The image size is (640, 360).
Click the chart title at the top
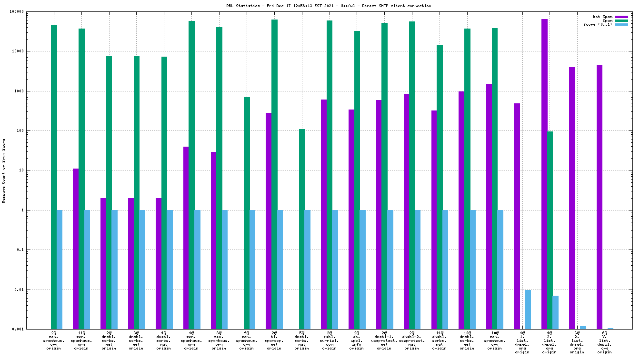[329, 6]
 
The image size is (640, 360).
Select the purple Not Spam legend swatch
[621, 17]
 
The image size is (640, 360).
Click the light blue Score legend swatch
[621, 24]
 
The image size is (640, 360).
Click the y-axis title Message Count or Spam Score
[4, 171]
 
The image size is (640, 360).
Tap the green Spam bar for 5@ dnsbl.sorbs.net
[302, 229]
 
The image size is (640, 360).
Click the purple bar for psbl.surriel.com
[324, 214]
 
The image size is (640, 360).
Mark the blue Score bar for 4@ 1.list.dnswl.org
[528, 310]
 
